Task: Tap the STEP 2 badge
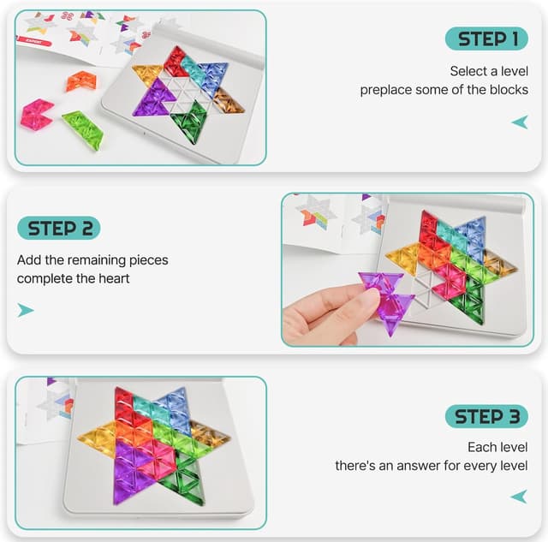point(58,228)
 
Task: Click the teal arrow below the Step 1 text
point(519,122)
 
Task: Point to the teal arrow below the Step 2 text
point(27,310)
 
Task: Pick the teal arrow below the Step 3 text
point(519,497)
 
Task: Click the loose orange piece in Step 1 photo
point(80,81)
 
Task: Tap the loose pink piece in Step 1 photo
point(37,114)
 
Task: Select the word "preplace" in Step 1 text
point(387,90)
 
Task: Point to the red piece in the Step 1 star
point(176,62)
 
